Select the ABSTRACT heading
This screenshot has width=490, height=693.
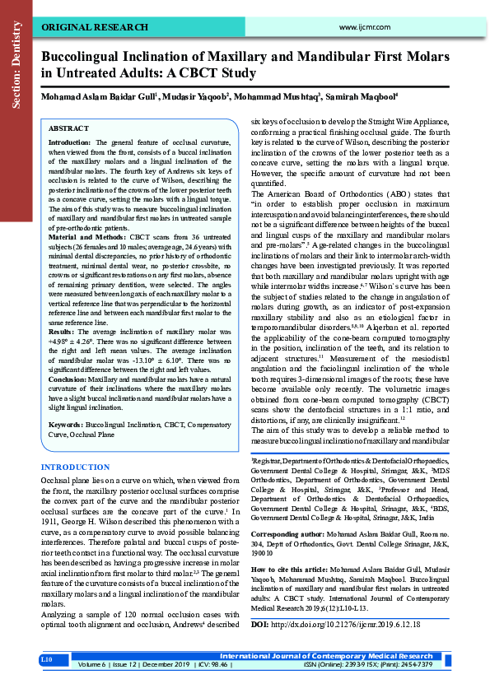click(x=68, y=129)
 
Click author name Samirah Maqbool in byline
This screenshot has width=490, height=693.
click(x=360, y=97)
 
